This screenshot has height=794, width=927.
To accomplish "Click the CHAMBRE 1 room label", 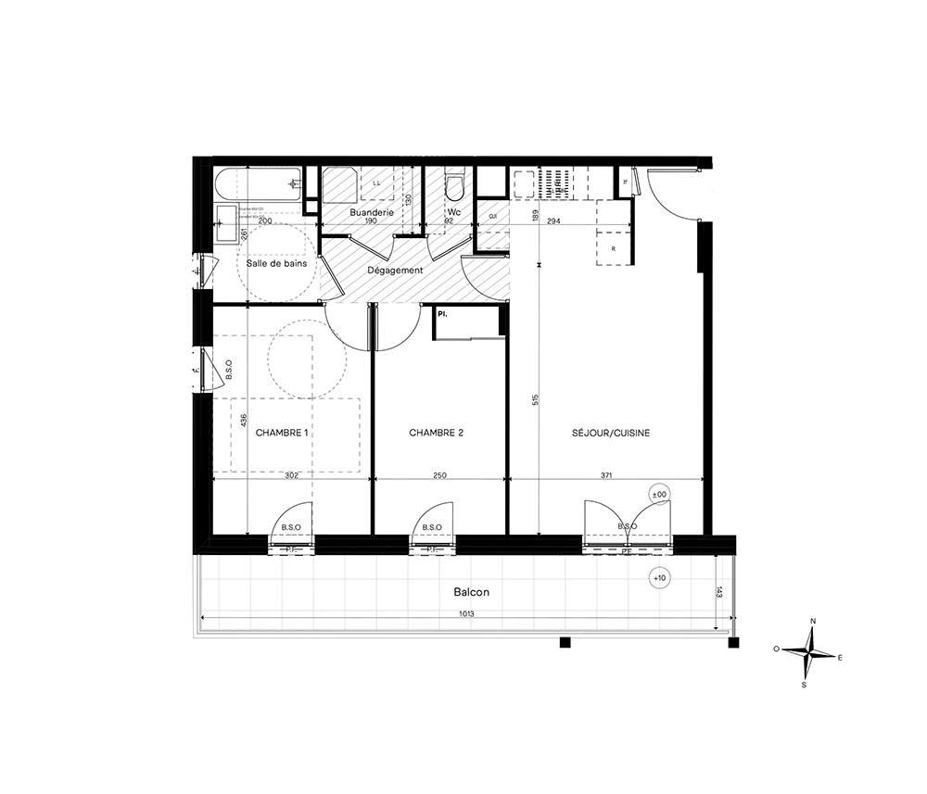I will coord(281,433).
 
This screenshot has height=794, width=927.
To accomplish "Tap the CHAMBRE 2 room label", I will coord(436,433).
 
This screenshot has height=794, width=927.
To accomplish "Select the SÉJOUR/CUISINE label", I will coord(613,433).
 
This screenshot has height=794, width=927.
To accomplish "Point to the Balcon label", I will coord(471,592).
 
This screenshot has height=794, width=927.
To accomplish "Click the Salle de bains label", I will coord(276,264).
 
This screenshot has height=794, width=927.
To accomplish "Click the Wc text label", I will coord(454,211).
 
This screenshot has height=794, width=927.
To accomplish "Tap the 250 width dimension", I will coord(439,475).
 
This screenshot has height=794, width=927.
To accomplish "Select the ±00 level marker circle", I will coord(659,495).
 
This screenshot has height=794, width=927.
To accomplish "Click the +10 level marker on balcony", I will coord(658,578).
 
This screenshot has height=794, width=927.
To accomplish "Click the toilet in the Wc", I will coord(454,186).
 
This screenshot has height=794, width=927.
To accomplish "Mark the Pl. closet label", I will coord(443,315).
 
